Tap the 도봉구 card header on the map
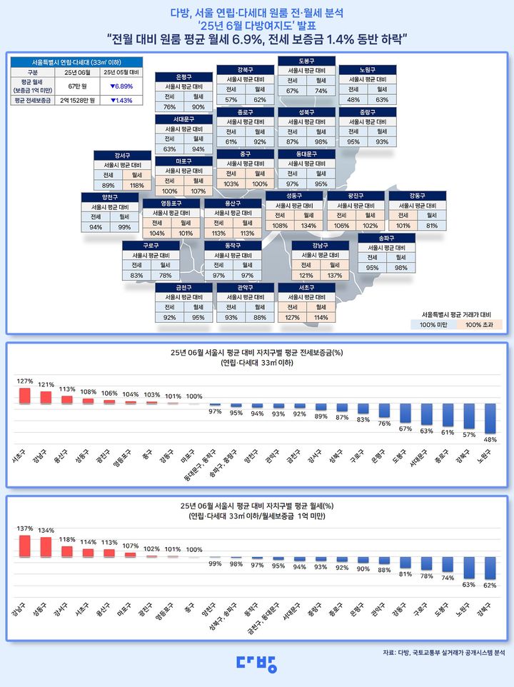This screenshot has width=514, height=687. (306, 61)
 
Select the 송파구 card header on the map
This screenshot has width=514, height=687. (386, 238)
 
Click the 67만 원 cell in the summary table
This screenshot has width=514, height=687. (75, 86)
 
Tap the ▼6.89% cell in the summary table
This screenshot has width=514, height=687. (123, 86)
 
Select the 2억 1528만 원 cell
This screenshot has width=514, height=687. (75, 101)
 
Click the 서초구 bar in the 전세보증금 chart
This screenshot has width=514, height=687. (25, 396)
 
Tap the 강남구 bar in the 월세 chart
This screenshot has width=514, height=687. (25, 545)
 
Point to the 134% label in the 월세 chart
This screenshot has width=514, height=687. (46, 531)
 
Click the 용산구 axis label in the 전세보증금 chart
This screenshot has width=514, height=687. (67, 449)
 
